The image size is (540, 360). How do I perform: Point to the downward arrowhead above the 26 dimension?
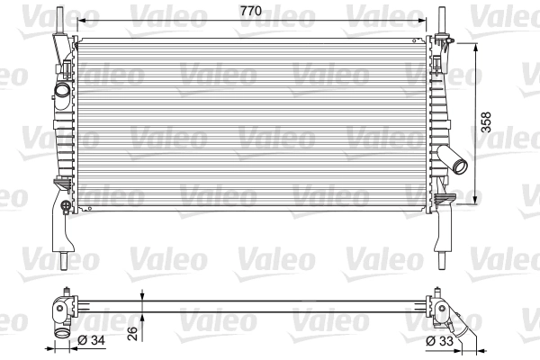pos(142,292)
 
